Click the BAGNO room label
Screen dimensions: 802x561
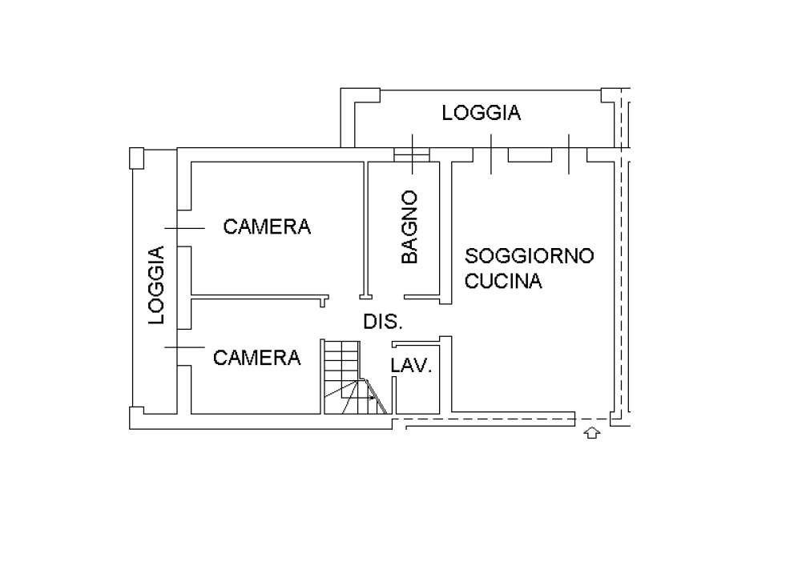coord(409,227)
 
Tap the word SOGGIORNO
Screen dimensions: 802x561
coord(529,255)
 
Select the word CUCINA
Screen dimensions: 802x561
coord(503,281)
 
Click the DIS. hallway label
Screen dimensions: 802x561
coord(383,322)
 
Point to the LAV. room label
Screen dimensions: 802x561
coord(411,365)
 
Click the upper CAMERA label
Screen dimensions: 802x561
coord(267,226)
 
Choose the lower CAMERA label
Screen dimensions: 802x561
coord(256,358)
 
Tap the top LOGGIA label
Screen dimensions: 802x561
coord(482,113)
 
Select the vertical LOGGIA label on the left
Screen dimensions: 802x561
coord(156,285)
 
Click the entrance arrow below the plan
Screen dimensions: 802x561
coord(592,433)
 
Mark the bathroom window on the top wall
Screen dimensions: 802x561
coord(412,154)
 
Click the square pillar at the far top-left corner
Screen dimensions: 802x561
coord(136,158)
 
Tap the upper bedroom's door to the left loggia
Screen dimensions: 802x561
coord(184,228)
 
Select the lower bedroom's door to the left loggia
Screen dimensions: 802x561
coord(184,347)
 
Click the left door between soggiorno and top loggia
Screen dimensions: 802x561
coord(491,154)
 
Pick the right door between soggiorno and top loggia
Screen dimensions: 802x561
coord(569,154)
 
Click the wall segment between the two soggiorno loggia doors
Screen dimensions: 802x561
coord(530,155)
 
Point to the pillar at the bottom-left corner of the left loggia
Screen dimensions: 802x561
coord(137,418)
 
